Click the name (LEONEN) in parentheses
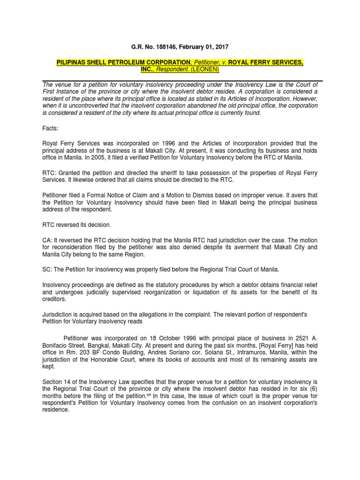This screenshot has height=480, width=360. point(204,69)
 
